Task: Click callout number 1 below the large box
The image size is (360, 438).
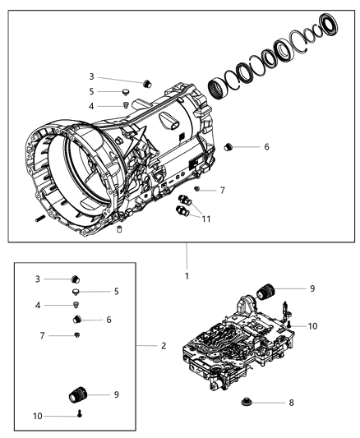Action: click(x=187, y=275)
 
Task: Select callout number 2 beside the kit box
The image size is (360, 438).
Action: click(x=164, y=346)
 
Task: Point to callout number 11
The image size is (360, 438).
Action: click(x=206, y=219)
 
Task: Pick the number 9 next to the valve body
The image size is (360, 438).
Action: click(x=312, y=288)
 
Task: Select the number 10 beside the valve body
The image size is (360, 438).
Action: click(x=312, y=326)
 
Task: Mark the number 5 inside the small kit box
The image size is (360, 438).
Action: click(x=116, y=291)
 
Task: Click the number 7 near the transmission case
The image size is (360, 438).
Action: click(x=222, y=191)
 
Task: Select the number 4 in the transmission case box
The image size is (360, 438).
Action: click(x=91, y=106)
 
